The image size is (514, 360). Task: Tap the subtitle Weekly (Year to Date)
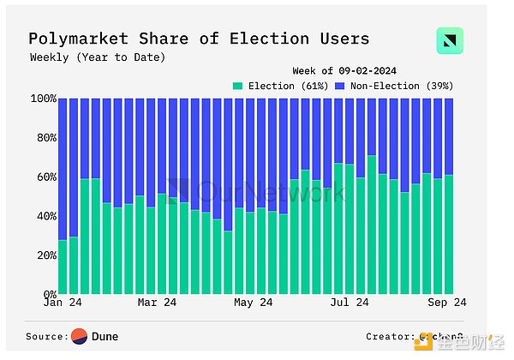[x=98, y=57]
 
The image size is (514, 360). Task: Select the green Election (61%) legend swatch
[x=238, y=86]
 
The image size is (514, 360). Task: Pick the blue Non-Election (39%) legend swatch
[x=339, y=86]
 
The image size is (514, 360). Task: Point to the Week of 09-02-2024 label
[x=345, y=70]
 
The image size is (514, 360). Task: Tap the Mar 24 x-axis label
[x=158, y=303]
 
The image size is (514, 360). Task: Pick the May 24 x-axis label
[x=254, y=303]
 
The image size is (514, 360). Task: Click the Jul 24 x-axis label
[x=350, y=303]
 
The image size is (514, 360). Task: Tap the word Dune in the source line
[x=105, y=337]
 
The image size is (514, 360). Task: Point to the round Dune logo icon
[x=80, y=337]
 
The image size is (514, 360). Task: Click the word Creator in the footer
[x=390, y=337]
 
